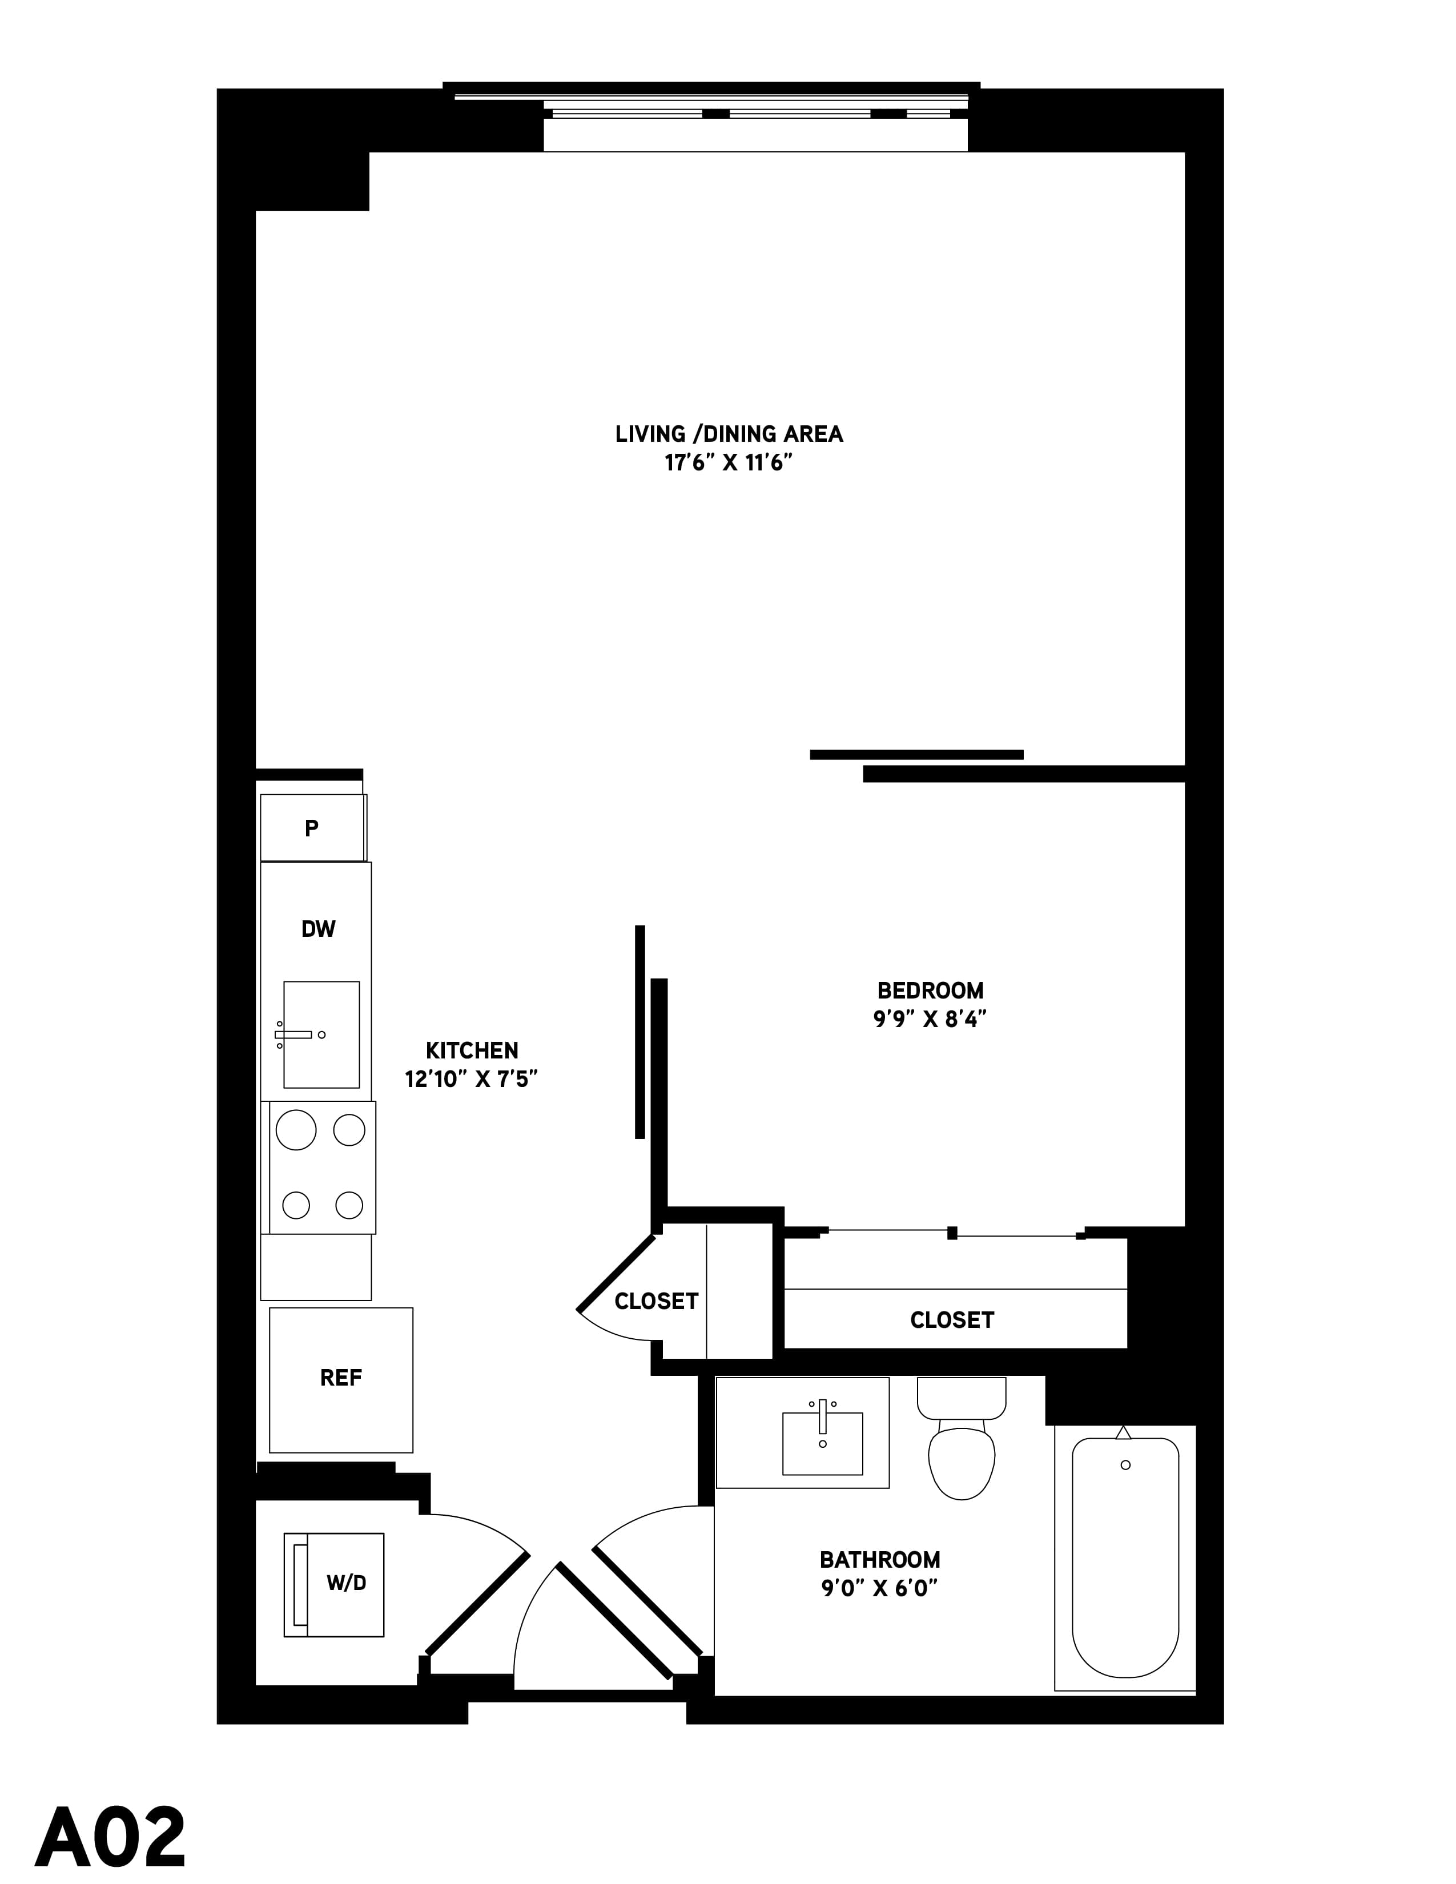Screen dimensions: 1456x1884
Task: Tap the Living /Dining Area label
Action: click(729, 434)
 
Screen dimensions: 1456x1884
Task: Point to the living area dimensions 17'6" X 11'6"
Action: click(728, 463)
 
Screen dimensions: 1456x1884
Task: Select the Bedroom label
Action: click(930, 991)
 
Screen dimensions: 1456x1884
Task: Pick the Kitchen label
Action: click(472, 1050)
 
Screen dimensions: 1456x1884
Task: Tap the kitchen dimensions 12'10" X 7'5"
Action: click(472, 1079)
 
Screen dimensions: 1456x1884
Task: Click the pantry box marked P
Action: click(312, 828)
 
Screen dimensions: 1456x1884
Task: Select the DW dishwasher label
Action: click(318, 929)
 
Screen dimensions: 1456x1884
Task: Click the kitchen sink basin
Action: click(321, 1034)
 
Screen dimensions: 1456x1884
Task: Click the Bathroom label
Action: click(880, 1560)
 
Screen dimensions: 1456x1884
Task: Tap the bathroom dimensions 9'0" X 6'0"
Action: click(880, 1588)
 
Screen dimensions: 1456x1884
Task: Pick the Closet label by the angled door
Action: click(657, 1301)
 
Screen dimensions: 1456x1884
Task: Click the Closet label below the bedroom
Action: click(952, 1320)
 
